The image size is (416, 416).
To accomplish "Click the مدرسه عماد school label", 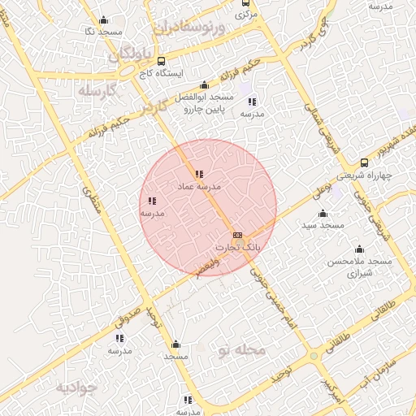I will [x=199, y=187].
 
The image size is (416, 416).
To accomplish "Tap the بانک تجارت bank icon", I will [x=237, y=235].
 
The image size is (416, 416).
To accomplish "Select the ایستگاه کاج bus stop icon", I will [x=161, y=61].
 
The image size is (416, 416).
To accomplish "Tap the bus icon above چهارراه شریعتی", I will [x=363, y=162].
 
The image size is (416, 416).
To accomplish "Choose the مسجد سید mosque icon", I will [x=323, y=213].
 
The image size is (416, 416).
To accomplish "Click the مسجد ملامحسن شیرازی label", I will [x=359, y=267].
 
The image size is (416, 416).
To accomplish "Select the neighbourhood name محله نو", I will [x=242, y=350].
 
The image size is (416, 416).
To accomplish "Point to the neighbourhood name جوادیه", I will [x=76, y=387].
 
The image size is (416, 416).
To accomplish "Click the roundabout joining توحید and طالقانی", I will [x=314, y=356].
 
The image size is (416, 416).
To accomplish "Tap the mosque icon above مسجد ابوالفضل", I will [x=204, y=85].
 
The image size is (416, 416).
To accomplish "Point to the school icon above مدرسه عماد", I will [x=199, y=174].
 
